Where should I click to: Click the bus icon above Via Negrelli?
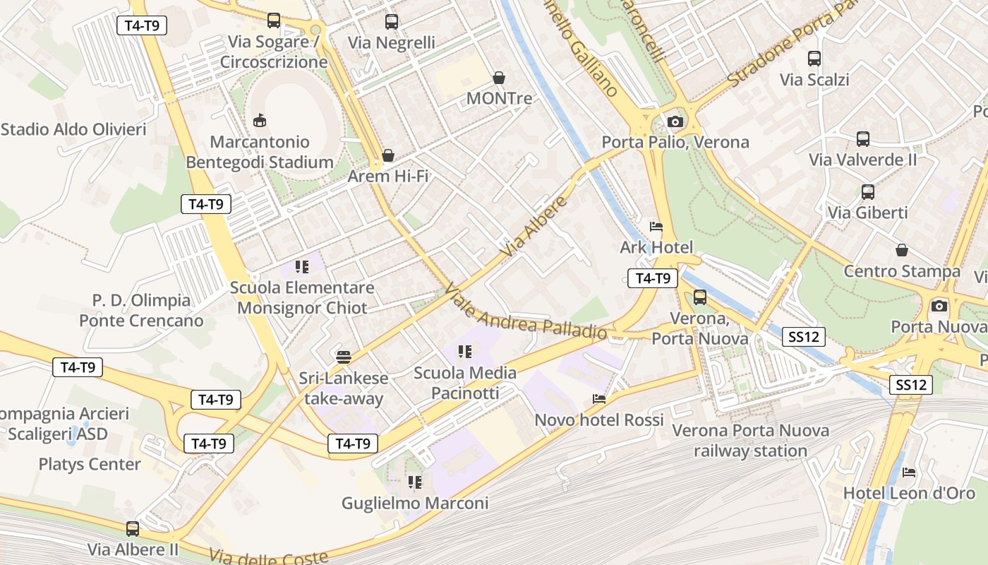click(392, 22)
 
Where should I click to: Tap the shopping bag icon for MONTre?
click(499, 78)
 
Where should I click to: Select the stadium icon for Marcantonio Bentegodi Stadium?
click(260, 121)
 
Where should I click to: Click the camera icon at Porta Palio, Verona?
click(675, 121)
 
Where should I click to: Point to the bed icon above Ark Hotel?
click(656, 227)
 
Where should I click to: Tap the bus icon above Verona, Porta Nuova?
click(699, 297)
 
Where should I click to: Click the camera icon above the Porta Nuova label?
click(939, 306)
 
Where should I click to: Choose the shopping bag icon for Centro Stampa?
click(902, 250)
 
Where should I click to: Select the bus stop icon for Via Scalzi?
click(814, 59)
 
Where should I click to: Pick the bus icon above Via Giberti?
click(868, 191)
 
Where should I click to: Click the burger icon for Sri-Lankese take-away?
click(344, 357)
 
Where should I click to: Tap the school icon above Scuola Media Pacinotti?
click(464, 352)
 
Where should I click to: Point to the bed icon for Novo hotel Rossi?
click(599, 399)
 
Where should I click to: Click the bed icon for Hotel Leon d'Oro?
click(909, 472)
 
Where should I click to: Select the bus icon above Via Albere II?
click(132, 528)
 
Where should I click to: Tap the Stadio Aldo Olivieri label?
click(73, 129)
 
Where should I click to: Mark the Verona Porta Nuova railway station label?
click(750, 440)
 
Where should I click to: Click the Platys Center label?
click(90, 464)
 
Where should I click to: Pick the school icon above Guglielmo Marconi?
click(415, 482)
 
